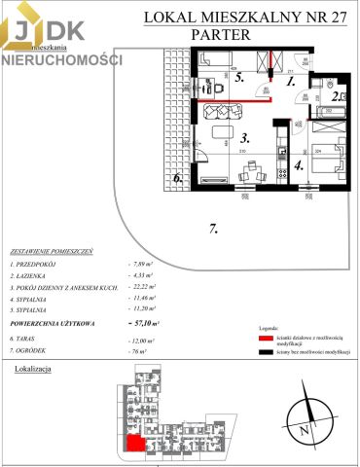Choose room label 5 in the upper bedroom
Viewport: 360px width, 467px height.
coord(239,80)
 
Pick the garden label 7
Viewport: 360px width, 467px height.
coord(213,230)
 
